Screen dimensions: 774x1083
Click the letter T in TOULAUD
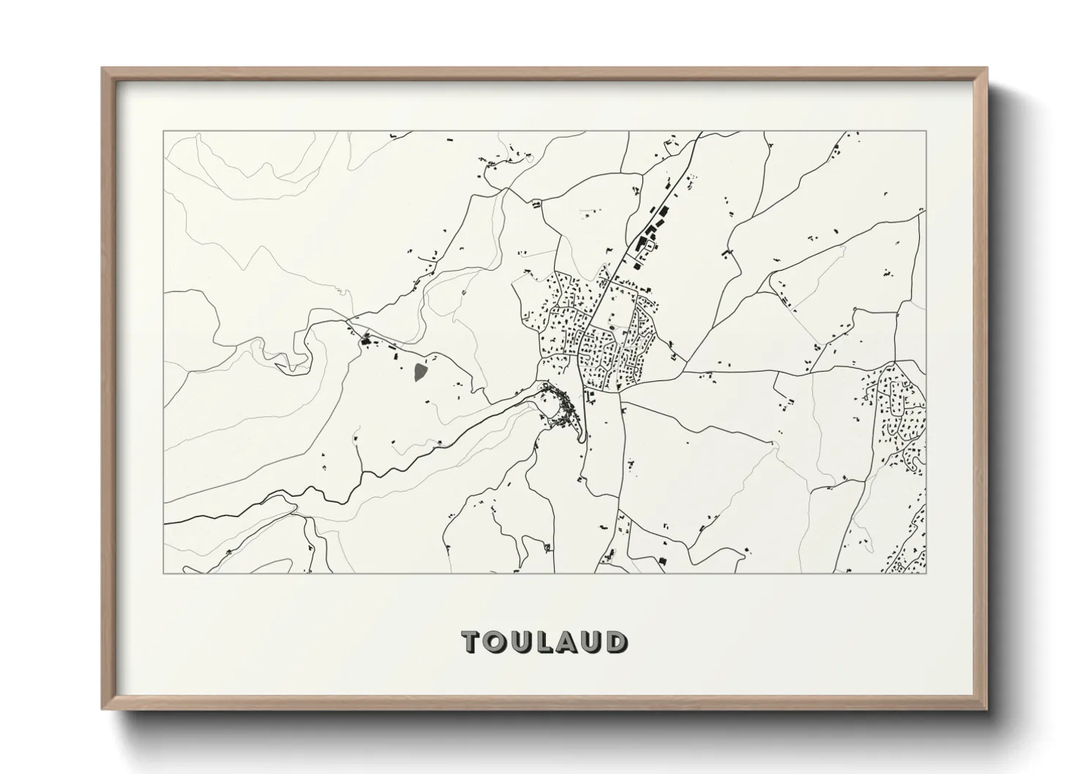pos(472,642)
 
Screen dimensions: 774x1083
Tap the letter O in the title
pos(496,642)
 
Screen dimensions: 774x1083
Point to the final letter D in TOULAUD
pos(617,642)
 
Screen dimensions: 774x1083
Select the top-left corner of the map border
pos(164,132)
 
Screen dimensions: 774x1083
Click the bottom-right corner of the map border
pos(926,573)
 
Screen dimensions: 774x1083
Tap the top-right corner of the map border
pos(926,132)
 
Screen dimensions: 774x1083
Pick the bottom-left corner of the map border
pos(164,573)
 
